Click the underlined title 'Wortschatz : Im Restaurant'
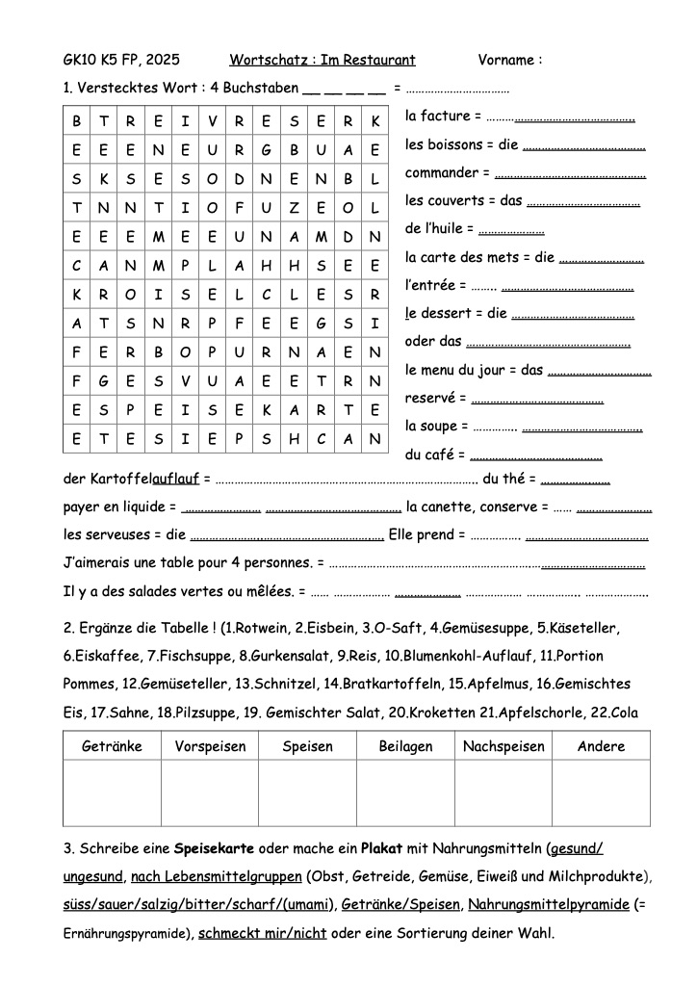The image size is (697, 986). (x=323, y=61)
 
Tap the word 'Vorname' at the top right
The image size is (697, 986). (x=506, y=61)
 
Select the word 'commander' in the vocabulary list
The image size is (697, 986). (x=442, y=173)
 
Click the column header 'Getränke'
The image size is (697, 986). (x=113, y=746)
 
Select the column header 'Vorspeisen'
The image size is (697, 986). (x=210, y=746)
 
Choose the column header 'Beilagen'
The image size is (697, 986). (x=405, y=746)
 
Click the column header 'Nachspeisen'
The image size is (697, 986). (x=503, y=746)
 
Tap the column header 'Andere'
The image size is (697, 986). (x=601, y=746)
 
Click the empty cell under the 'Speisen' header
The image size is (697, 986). (x=307, y=792)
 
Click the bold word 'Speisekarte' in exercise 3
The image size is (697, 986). (x=213, y=849)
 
